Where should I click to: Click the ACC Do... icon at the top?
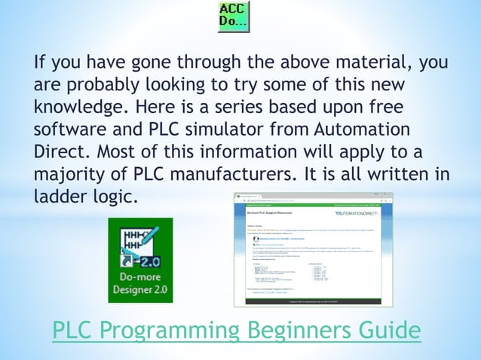tap(234, 17)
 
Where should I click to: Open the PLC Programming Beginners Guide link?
tap(236, 330)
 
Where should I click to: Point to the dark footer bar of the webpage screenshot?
tap(313, 301)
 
